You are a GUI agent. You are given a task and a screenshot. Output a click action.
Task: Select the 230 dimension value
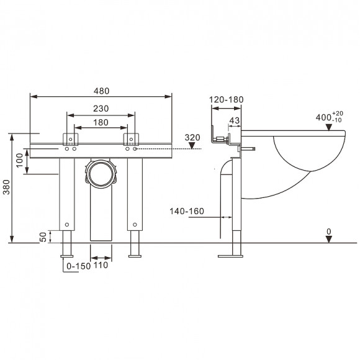[101, 108]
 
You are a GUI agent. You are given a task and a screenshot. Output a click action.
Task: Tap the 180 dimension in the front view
[101, 122]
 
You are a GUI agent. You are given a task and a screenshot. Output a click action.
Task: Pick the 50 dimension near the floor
[43, 237]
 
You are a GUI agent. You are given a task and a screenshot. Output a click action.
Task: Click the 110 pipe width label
[101, 265]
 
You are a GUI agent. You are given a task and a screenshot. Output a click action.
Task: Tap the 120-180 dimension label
[227, 99]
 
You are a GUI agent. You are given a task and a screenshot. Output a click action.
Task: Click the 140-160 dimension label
[187, 212]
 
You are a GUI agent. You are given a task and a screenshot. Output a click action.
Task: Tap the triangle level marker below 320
[192, 146]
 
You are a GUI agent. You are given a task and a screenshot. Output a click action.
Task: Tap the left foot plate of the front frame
[67, 255]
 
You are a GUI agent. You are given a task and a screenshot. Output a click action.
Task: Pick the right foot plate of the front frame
[135, 255]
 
